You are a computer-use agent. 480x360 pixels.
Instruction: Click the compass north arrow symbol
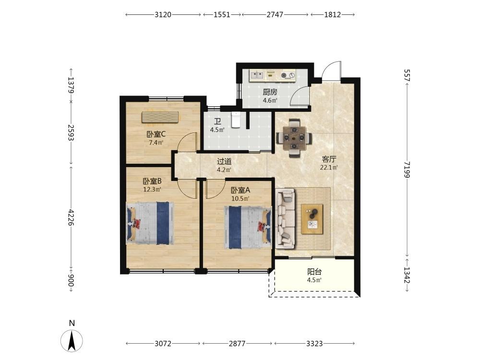tap(72, 341)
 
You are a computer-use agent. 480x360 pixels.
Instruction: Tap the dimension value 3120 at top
tap(163, 15)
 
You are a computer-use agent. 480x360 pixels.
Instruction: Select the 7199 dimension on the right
tap(407, 169)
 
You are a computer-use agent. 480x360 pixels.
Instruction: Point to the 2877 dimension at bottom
tap(237, 344)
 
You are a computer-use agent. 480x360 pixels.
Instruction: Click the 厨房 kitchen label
tap(270, 92)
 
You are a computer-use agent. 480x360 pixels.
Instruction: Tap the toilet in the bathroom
tap(236, 120)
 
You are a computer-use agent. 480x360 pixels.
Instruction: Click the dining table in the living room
tap(294, 138)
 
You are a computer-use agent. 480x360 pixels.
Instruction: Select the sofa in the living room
tap(285, 218)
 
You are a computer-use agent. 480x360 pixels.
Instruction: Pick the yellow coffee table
tap(312, 219)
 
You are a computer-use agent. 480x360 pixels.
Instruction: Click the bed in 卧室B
tap(150, 223)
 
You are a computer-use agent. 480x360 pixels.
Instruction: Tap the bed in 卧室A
tap(248, 227)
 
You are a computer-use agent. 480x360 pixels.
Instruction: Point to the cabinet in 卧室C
tap(160, 117)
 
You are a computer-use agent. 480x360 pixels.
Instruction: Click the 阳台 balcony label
tap(314, 272)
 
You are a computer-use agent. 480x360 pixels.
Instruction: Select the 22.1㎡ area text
tap(329, 168)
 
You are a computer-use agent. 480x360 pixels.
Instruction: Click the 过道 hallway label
tap(224, 161)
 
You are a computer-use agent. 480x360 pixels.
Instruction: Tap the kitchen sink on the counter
tap(257, 75)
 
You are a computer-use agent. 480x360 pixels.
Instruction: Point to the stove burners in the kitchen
tap(288, 75)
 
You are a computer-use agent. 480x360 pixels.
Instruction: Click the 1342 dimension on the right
tap(407, 275)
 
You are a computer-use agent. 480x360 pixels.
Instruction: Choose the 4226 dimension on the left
tap(71, 217)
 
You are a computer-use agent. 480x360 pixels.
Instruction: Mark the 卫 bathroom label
tap(217, 121)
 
